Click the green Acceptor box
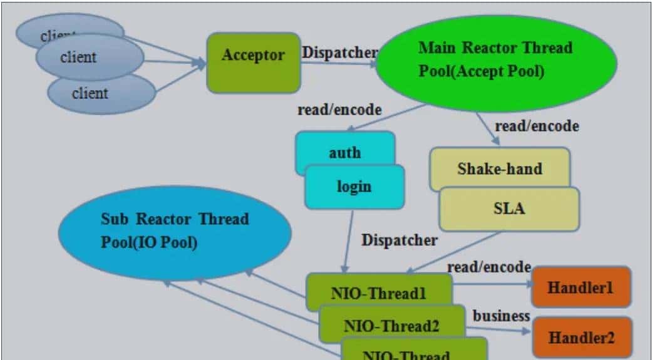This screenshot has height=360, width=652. (x=253, y=63)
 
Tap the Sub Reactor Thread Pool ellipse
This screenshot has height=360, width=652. (x=175, y=232)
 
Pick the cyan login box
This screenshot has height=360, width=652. (x=354, y=187)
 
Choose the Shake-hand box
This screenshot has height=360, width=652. (x=499, y=168)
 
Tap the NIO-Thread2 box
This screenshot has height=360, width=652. (x=391, y=324)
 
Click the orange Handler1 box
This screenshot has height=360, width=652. (x=581, y=287)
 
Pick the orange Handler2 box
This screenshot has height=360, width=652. (x=581, y=337)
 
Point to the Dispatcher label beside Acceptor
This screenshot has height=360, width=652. (x=339, y=52)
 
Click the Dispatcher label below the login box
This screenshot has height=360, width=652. (x=399, y=239)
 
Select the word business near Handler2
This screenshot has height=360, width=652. (x=501, y=316)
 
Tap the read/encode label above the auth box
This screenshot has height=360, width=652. (x=339, y=110)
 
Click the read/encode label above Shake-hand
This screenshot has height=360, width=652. (x=537, y=126)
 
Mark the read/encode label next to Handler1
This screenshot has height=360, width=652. (x=489, y=267)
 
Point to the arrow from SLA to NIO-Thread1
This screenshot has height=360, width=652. (x=454, y=252)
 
